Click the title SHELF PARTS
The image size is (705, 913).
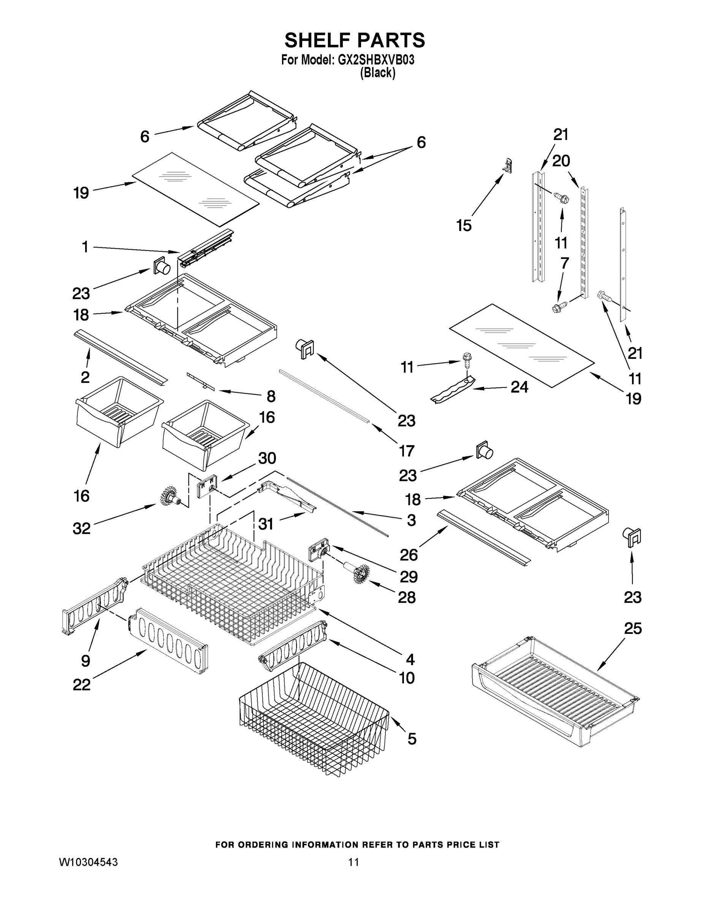point(355,41)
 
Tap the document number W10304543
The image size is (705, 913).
point(88,862)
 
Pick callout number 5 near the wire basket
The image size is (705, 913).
point(412,739)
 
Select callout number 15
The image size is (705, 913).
point(464,225)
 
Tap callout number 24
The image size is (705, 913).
point(519,387)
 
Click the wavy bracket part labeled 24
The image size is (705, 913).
point(453,389)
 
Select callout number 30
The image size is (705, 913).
point(267,458)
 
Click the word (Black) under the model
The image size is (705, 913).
point(377,73)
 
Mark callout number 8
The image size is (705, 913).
point(271,396)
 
